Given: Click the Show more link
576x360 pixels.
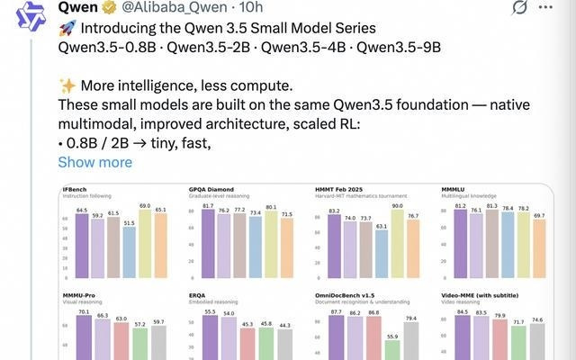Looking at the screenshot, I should coord(94,162).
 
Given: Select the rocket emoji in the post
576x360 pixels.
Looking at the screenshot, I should coord(66,29).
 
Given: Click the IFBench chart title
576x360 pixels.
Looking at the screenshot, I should coord(75,189).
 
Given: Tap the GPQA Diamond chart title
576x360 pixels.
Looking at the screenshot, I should coord(211,189).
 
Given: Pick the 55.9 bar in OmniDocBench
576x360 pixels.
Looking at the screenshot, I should coord(392,350).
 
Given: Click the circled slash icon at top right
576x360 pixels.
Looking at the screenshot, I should coord(544,9).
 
